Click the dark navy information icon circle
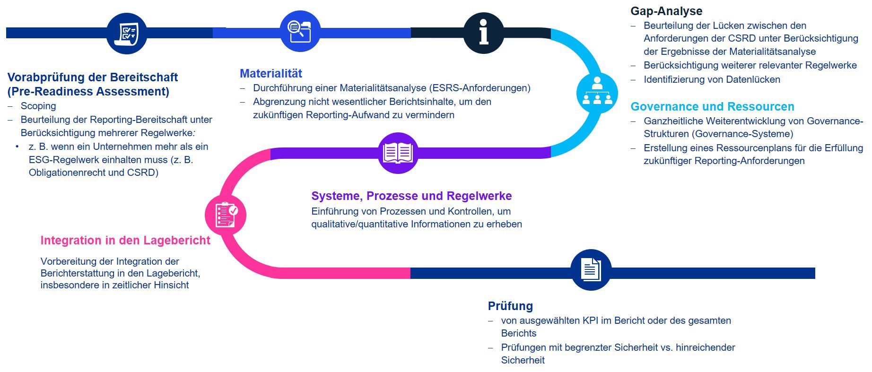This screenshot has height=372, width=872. click(483, 33)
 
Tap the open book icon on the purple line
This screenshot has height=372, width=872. click(398, 153)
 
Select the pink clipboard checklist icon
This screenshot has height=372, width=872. click(226, 215)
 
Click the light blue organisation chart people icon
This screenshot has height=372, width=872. click(597, 92)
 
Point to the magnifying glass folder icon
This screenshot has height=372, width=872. click(300, 32)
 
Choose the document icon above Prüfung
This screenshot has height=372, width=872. click(591, 270)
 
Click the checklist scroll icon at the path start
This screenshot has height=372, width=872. click(127, 33)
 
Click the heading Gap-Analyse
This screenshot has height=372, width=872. click(666, 11)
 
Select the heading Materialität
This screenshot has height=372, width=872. click(271, 73)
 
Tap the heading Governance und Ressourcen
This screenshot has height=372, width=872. click(712, 106)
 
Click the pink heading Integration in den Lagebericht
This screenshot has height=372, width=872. click(125, 240)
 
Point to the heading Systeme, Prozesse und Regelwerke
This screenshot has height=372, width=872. click(411, 196)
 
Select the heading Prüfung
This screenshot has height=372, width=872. click(510, 306)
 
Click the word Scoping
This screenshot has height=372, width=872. click(38, 106)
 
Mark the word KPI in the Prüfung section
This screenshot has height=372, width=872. click(591, 320)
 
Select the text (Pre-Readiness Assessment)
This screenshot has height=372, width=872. click(88, 91)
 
